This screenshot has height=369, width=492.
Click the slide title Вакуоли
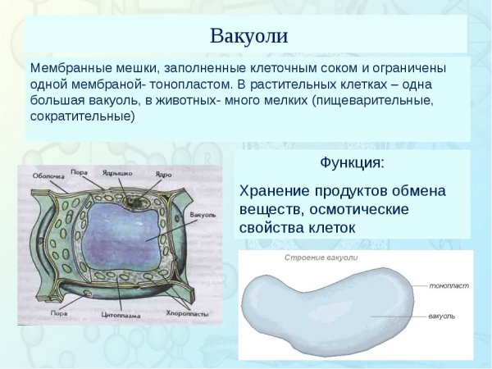pos(249,36)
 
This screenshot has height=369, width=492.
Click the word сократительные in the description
pos(82,116)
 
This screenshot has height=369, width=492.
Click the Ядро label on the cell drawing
pos(162,175)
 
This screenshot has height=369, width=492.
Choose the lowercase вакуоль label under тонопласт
pos(443,315)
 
